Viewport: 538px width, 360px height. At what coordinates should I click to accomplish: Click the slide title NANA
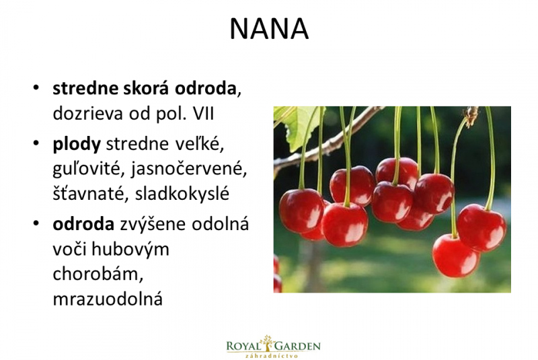269,29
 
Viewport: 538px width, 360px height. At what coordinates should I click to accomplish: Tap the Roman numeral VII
204,113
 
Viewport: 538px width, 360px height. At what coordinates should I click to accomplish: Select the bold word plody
77,145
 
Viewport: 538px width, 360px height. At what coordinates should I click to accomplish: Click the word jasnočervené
189,169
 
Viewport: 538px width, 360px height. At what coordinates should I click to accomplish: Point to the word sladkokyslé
182,193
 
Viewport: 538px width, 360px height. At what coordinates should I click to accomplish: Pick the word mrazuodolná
108,299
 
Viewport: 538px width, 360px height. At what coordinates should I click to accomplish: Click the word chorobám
98,274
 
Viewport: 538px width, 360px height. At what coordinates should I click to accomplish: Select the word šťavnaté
91,194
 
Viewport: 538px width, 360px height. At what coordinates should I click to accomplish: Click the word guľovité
89,169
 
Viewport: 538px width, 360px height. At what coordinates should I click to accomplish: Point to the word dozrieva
88,114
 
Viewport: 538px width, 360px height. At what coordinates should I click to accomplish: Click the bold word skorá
146,89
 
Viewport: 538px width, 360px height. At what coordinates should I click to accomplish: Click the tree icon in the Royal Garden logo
267,344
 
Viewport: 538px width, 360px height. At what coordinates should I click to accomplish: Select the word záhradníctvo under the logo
272,356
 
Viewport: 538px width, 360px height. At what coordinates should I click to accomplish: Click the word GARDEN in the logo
297,346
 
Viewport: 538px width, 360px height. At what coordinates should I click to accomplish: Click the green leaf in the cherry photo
300,127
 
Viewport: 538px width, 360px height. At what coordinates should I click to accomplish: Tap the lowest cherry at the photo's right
455,255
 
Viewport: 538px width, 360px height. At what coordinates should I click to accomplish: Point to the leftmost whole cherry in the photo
301,210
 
